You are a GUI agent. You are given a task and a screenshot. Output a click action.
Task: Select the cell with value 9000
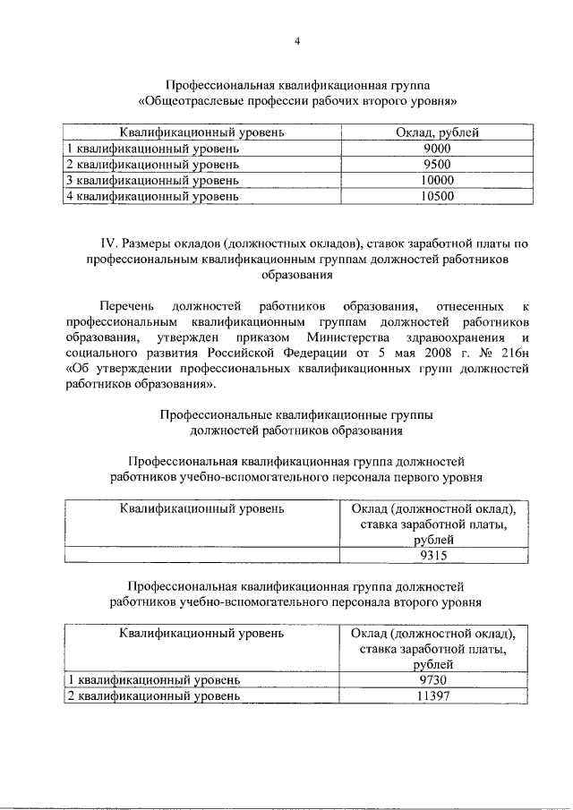coord(437,149)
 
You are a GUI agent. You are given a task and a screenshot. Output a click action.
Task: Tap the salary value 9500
coord(437,164)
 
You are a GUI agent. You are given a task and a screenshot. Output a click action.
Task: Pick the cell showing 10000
coord(437,179)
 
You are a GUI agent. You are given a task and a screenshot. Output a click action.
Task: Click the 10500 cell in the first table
coord(437,194)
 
